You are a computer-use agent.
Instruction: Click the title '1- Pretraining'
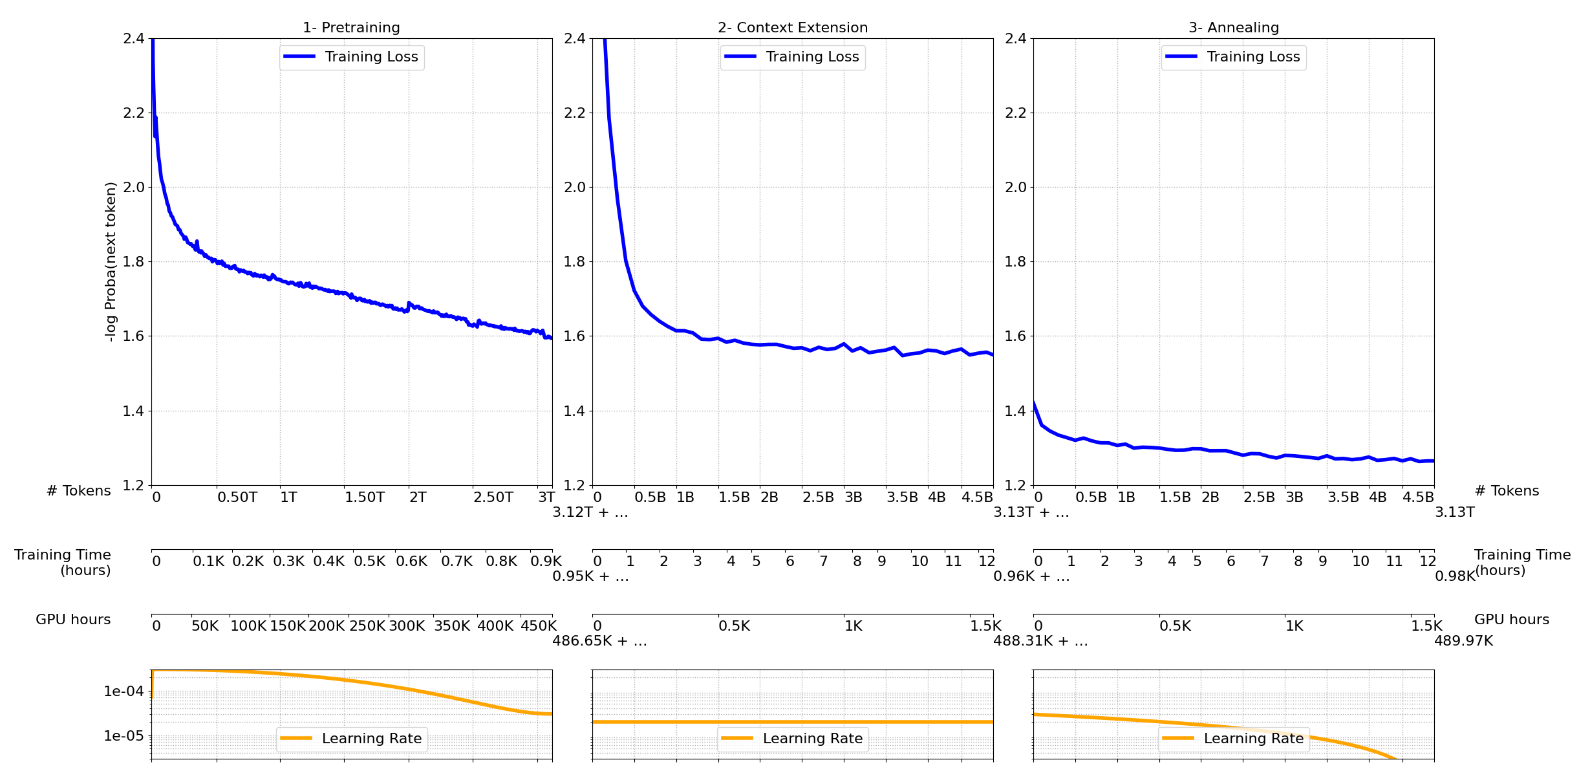pyautogui.click(x=351, y=28)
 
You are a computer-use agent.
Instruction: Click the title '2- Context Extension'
pyautogui.click(x=792, y=28)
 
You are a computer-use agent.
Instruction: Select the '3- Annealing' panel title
pyautogui.click(x=1233, y=28)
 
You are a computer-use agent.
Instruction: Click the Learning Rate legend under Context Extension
pyautogui.click(x=792, y=739)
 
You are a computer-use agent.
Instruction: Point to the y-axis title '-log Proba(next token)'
pyautogui.click(x=111, y=261)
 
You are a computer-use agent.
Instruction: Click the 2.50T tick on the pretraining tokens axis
pyautogui.click(x=493, y=497)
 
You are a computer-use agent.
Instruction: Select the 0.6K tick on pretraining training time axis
pyautogui.click(x=411, y=561)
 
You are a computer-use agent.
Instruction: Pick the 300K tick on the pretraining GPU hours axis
pyautogui.click(x=407, y=626)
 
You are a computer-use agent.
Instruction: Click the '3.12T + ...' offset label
pyautogui.click(x=590, y=513)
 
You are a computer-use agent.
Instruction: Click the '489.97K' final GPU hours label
pyautogui.click(x=1463, y=641)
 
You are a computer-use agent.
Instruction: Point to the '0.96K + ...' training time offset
pyautogui.click(x=1031, y=576)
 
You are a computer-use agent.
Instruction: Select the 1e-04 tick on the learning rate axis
pyautogui.click(x=124, y=691)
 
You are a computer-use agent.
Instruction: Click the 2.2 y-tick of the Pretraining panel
pyautogui.click(x=133, y=113)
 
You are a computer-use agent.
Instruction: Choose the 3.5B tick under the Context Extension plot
pyautogui.click(x=901, y=497)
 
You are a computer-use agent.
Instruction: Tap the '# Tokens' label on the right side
pyautogui.click(x=1506, y=491)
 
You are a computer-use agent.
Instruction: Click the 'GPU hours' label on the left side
pyautogui.click(x=73, y=620)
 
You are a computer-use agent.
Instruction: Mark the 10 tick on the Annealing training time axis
pyautogui.click(x=1360, y=561)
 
